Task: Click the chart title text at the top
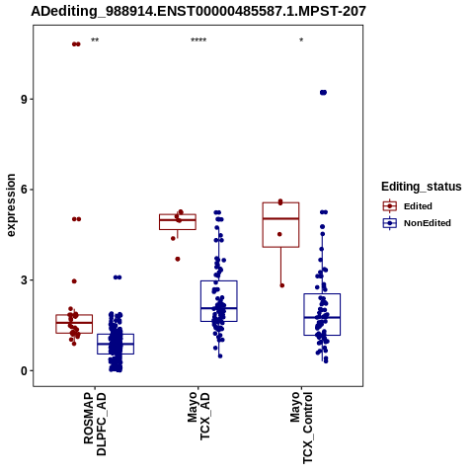(198, 11)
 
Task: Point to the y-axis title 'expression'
(11, 205)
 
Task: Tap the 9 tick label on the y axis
(24, 100)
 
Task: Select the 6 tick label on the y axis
(24, 190)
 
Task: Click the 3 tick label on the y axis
(24, 280)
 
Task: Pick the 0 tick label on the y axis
(24, 370)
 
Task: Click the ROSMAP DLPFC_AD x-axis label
(95, 424)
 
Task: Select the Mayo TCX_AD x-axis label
(198, 416)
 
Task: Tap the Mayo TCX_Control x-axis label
(301, 428)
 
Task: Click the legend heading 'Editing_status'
(422, 187)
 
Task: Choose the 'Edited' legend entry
(408, 206)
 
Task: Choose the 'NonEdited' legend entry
(417, 223)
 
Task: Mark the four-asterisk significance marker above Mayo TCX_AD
(198, 40)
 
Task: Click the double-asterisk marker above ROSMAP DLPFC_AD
(95, 40)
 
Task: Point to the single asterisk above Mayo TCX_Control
(301, 40)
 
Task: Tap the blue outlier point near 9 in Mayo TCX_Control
(323, 93)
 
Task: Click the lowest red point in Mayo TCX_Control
(282, 285)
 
